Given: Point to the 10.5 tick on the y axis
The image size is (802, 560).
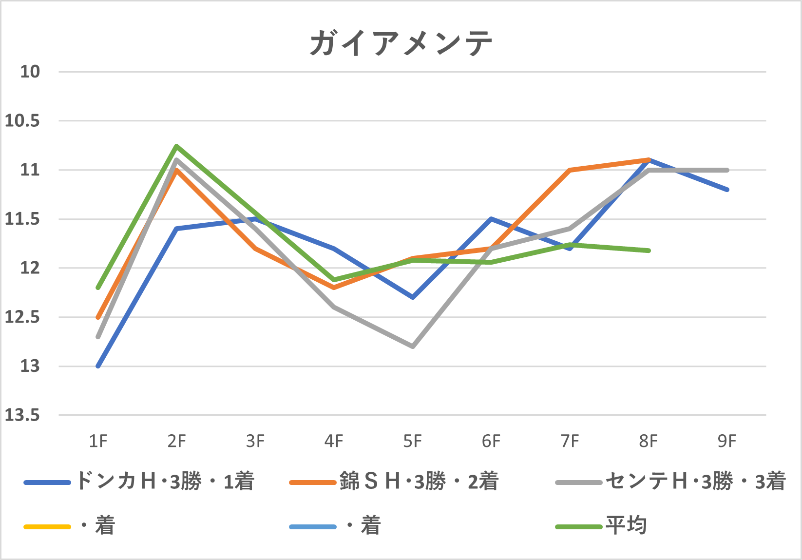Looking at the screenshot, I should [x=22, y=121].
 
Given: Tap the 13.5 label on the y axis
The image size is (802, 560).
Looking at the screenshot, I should [x=22, y=415].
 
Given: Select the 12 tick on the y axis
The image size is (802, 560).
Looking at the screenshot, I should [x=29, y=268].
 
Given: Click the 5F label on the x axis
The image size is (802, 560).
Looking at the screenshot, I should [x=412, y=442].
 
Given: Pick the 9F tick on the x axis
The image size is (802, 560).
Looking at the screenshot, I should [x=727, y=442].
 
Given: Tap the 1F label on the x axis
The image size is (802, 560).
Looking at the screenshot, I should [x=98, y=442].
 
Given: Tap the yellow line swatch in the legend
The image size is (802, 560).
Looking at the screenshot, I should [x=47, y=527].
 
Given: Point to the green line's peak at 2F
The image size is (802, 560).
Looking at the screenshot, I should [x=176, y=146].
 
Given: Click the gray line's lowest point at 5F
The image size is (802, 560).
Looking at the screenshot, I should [x=413, y=347].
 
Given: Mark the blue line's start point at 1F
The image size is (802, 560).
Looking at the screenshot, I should [x=98, y=366].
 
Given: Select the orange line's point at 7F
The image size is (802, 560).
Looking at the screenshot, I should [x=570, y=170].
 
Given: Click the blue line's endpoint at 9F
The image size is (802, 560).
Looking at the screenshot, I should [x=727, y=190].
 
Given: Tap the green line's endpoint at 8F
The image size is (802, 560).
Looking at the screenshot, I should [x=649, y=251].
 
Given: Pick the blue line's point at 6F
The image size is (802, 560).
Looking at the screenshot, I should [x=491, y=219].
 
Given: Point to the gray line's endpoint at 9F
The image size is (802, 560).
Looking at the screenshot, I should [x=727, y=170].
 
